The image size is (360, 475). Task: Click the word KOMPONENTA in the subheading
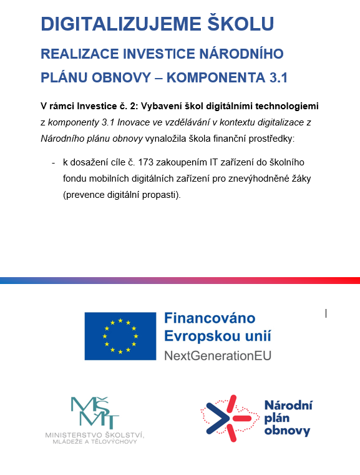pyautogui.click(x=208, y=79)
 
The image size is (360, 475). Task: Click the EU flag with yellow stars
pyautogui.click(x=120, y=336)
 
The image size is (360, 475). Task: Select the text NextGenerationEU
pyautogui.click(x=217, y=356)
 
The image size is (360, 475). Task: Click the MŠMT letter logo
pyautogui.click(x=95, y=413)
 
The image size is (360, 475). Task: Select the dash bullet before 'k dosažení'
pyautogui.click(x=54, y=162)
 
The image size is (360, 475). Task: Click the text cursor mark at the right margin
pyautogui.click(x=326, y=313)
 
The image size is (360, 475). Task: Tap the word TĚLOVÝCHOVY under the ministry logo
pyautogui.click(x=122, y=441)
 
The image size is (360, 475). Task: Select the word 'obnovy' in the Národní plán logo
pyautogui.click(x=287, y=431)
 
